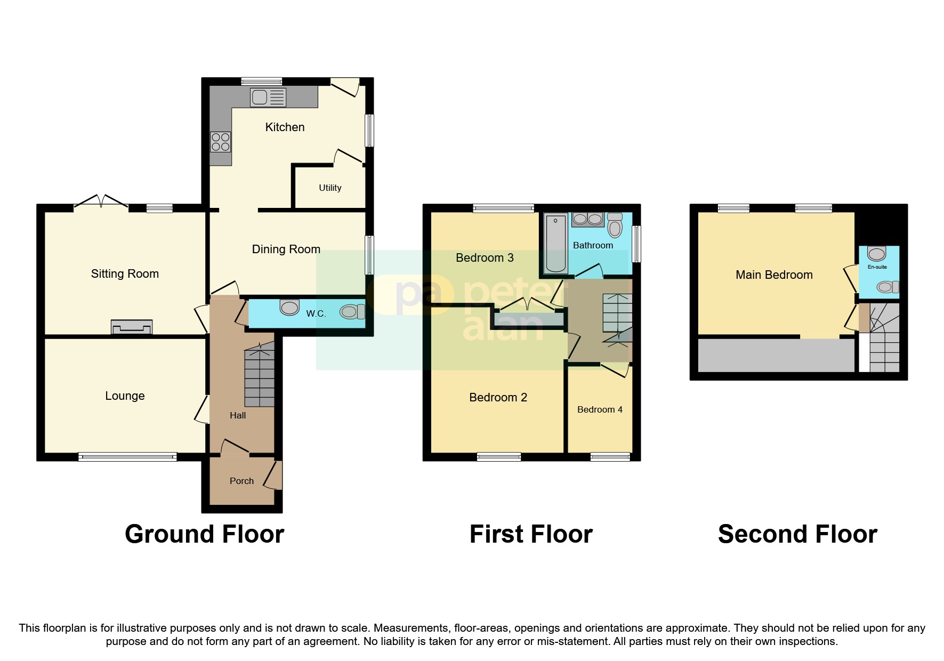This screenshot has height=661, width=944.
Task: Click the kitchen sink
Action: click(x=268, y=98)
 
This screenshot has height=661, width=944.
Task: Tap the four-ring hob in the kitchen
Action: click(x=221, y=142)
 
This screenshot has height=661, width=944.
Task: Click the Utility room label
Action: click(x=330, y=188)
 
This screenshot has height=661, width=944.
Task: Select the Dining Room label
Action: click(x=286, y=249)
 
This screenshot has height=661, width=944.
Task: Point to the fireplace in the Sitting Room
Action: click(x=132, y=327)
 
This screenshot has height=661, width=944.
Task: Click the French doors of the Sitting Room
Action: click(x=101, y=201)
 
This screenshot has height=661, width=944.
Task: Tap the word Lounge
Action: click(x=125, y=396)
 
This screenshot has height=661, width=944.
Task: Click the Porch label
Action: click(x=241, y=481)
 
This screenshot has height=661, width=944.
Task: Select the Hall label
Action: click(x=238, y=416)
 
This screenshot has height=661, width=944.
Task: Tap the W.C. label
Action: click(x=316, y=313)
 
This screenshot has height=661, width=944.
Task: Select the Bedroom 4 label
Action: click(x=600, y=409)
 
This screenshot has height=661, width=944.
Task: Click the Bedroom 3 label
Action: click(x=485, y=258)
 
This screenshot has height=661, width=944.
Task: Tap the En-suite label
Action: click(x=877, y=267)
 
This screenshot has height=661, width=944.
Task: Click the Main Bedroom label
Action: click(x=774, y=275)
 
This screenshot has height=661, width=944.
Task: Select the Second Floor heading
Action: click(x=797, y=534)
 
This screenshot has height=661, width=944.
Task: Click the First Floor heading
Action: click(x=531, y=534)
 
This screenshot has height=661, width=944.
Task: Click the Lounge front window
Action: click(x=127, y=457)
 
